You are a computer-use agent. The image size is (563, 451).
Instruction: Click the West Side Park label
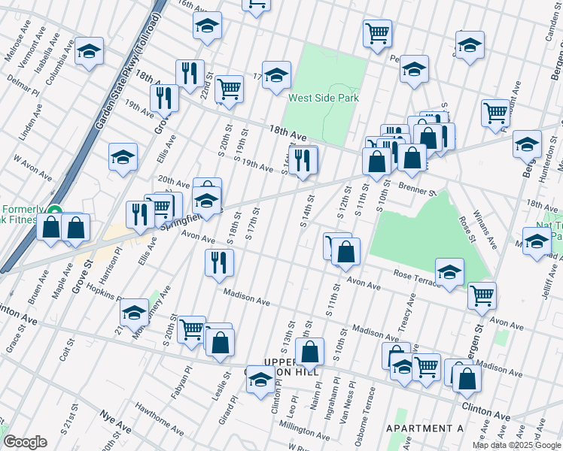point(324,98)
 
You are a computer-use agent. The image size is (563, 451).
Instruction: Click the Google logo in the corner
point(25,442)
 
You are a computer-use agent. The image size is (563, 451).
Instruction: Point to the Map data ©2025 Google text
point(516,445)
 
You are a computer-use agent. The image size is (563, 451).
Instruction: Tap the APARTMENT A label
point(424,428)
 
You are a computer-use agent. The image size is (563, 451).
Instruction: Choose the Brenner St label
point(418,189)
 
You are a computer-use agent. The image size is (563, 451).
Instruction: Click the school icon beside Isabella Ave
point(89,51)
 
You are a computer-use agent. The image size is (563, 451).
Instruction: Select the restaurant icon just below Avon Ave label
point(219,262)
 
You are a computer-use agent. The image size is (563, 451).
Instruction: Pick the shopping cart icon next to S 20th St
point(192,328)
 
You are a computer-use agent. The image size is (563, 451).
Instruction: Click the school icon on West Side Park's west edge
point(276,74)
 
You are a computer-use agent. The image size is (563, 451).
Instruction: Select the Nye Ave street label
point(115,422)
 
